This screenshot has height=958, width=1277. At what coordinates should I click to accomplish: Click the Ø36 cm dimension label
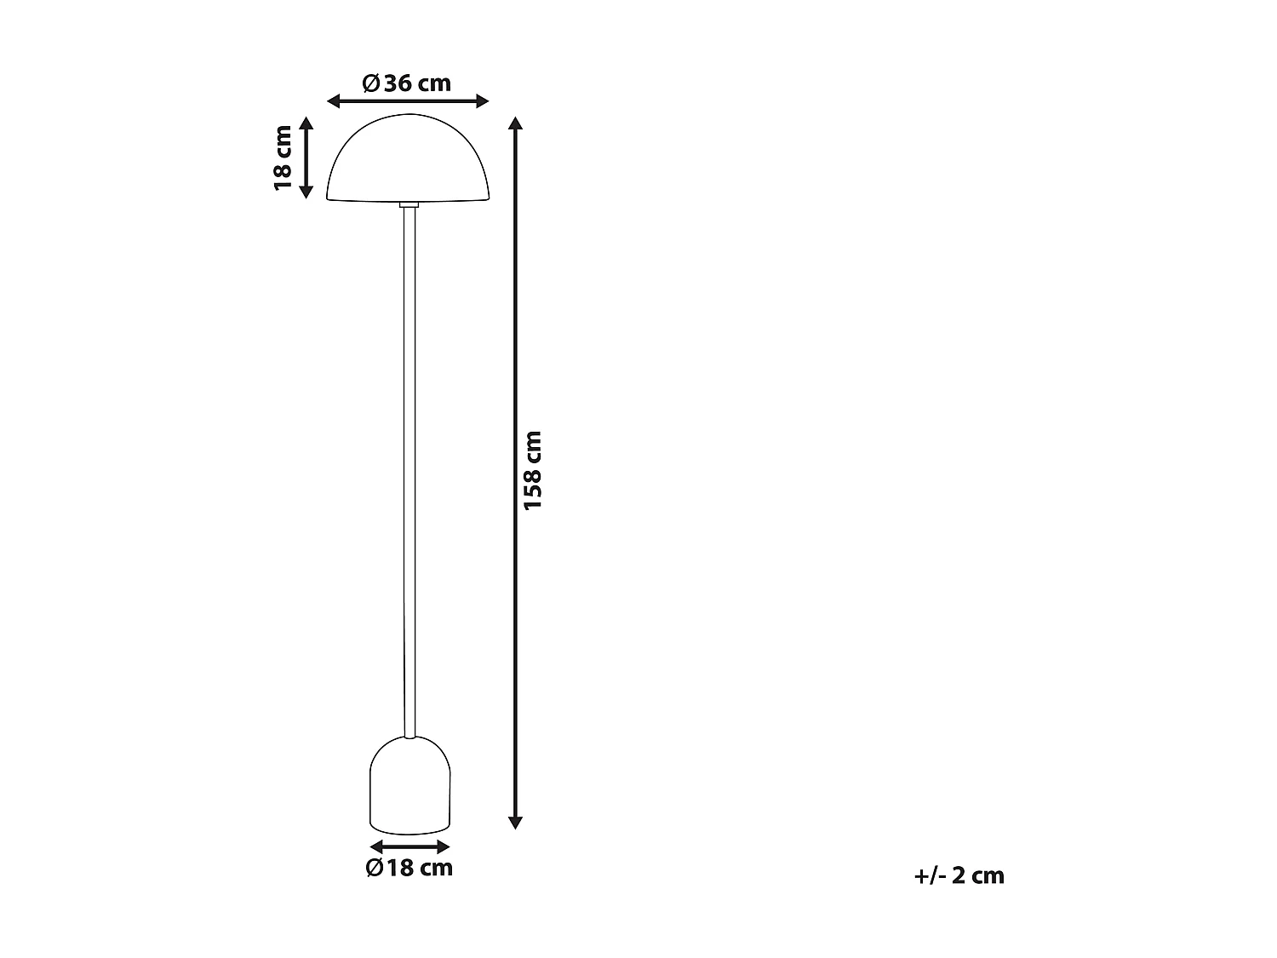pos(406,83)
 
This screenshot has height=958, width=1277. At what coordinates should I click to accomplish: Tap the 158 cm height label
pos(533,471)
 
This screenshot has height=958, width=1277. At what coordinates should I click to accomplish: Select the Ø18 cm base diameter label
pos(409,868)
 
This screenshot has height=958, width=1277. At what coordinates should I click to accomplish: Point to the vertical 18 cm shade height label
pos(283,158)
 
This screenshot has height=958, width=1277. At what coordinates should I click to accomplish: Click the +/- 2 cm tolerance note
pos(959,875)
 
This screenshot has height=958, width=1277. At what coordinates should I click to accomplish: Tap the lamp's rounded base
pos(409,787)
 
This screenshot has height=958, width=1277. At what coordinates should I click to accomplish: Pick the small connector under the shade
pos(409,204)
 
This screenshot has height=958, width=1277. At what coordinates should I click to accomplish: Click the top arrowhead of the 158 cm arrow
pos(514,123)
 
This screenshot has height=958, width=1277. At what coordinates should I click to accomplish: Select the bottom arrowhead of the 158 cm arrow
pos(514,822)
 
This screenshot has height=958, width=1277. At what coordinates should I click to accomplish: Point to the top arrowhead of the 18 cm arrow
pos(306,123)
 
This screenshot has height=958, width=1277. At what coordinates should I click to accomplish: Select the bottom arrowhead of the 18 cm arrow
pos(306,192)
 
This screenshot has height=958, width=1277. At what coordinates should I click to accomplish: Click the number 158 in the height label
pos(533,488)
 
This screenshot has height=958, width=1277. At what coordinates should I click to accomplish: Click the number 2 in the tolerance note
pos(959,875)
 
